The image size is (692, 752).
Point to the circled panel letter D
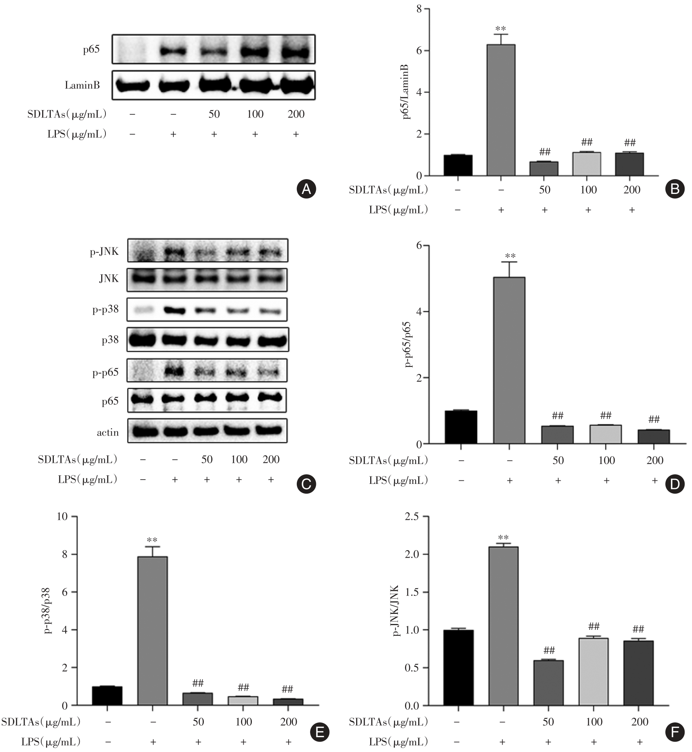[674, 484]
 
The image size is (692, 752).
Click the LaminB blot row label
[82, 85]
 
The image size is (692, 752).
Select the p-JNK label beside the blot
[104, 252]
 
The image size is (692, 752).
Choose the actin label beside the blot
[108, 432]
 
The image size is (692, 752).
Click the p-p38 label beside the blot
[105, 310]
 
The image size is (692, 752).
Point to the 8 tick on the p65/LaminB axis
[419, 9]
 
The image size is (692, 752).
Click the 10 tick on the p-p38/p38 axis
[62, 517]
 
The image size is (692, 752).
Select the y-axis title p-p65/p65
[409, 345]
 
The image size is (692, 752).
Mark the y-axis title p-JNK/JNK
[396, 611]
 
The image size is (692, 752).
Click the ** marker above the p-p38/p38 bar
[152, 540]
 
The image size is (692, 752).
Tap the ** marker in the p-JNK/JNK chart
[503, 538]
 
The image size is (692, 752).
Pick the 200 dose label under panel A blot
[296, 114]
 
